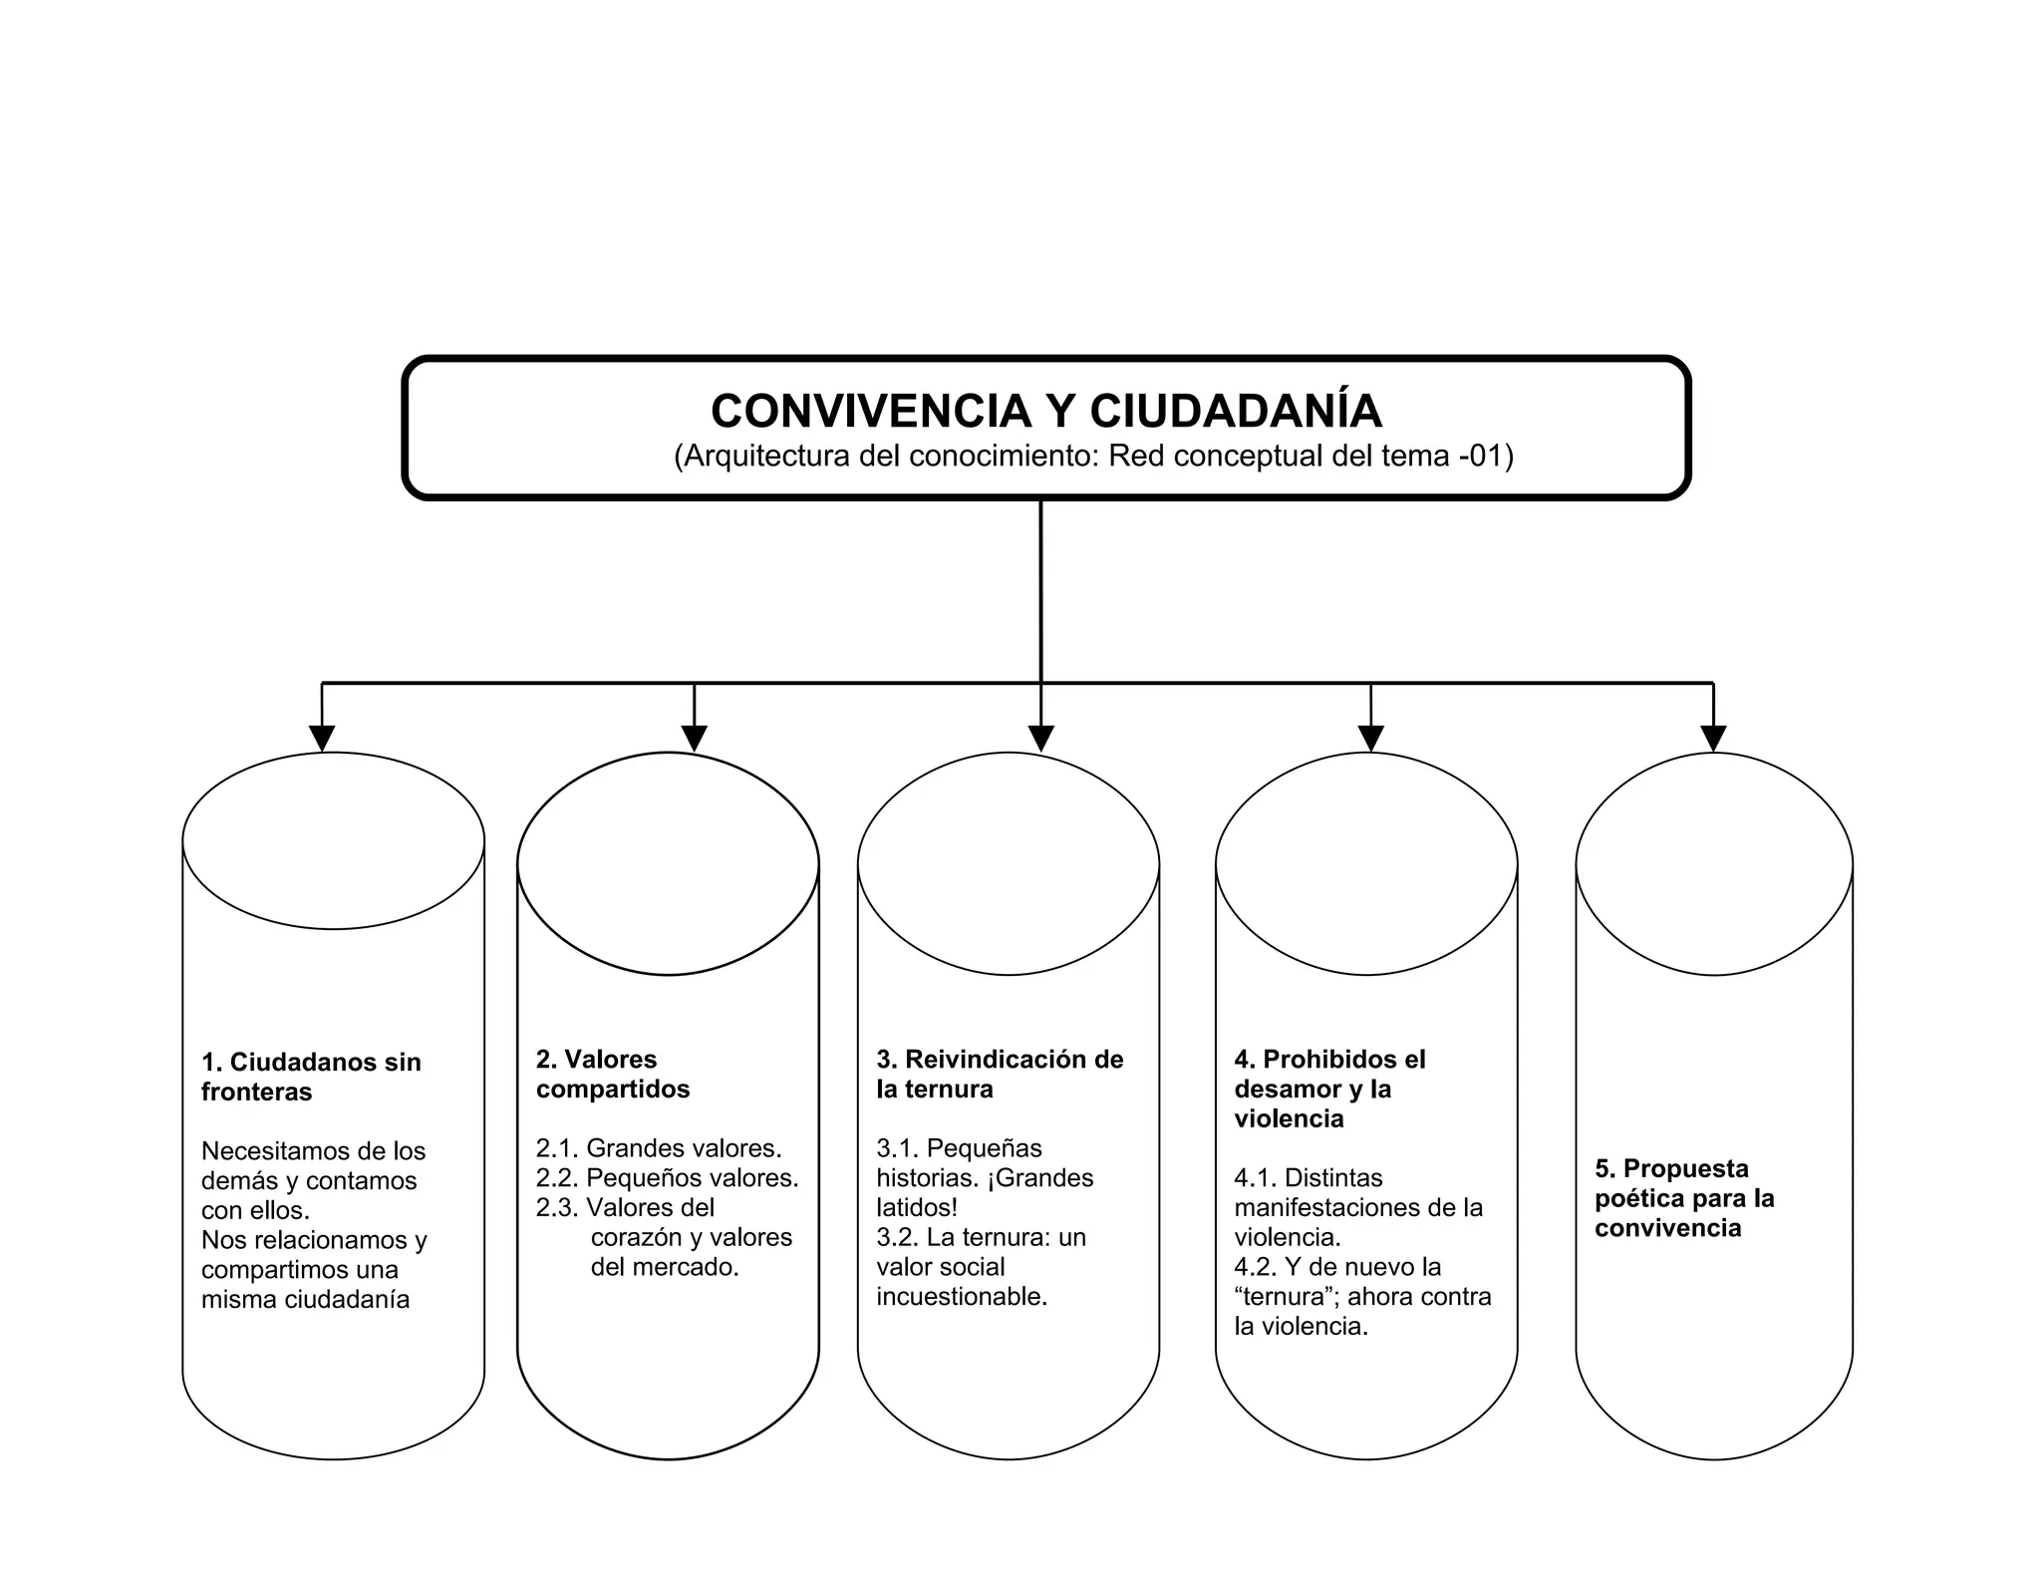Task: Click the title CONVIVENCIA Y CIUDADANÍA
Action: [1045, 411]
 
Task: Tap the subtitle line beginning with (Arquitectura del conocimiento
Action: [1093, 457]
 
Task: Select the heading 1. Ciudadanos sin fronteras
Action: [311, 1077]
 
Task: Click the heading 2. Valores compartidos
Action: [612, 1074]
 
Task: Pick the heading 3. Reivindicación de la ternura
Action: [1000, 1074]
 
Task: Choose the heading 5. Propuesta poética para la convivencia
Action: [1684, 1197]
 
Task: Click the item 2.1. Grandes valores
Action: [659, 1148]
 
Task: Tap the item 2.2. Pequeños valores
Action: [667, 1178]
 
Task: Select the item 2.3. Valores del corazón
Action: [664, 1237]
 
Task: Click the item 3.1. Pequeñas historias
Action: [985, 1178]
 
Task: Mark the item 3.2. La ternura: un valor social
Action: [981, 1267]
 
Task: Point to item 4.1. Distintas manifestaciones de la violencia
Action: [1357, 1207]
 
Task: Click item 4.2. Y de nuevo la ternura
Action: [1361, 1296]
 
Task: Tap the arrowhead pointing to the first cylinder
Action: [322, 738]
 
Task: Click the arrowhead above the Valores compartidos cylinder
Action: [695, 738]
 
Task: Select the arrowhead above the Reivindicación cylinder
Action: [1040, 738]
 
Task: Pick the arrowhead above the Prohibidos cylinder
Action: [1371, 738]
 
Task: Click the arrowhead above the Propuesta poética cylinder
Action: [1713, 738]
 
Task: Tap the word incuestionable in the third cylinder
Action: [962, 1297]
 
